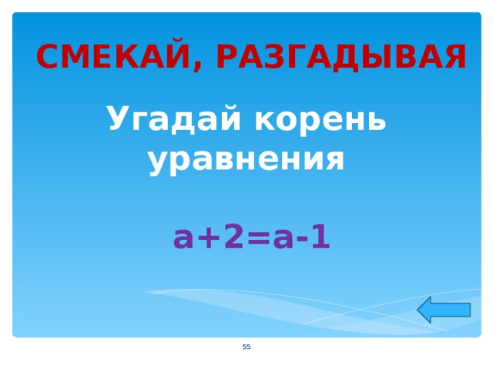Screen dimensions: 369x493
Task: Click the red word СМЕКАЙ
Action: pos(114,58)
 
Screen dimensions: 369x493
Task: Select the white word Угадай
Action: pos(174,120)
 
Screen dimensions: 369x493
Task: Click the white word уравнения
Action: pos(246,160)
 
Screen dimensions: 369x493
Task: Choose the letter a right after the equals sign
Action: pos(283,240)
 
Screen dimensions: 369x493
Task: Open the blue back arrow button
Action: pos(444,310)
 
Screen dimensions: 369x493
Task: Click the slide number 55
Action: pos(246,347)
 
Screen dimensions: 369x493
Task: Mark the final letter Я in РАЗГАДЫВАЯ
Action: pos(454,58)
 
